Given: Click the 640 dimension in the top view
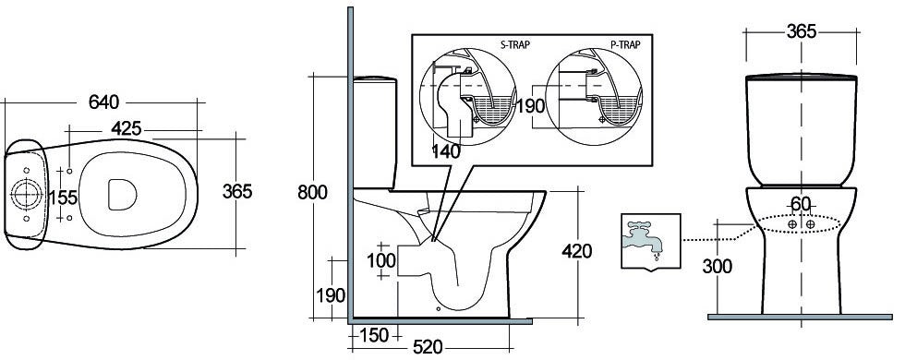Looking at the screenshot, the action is pos(103,102).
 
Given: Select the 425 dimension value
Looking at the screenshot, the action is pos(127,129).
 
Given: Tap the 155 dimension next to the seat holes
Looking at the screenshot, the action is pos(63,198).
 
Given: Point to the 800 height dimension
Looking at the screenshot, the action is pos(313,192).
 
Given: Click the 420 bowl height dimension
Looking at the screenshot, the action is pos(576,251).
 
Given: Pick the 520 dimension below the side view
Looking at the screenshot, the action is pos(428,347).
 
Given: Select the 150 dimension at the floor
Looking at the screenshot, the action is pos(374,335).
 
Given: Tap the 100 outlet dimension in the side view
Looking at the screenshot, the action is pos(381,260).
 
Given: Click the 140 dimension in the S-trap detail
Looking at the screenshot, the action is pos(446,151).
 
